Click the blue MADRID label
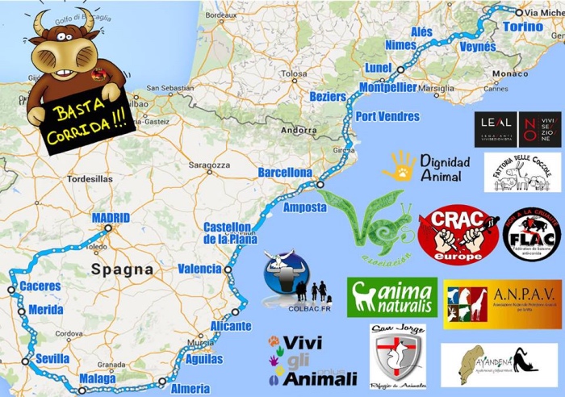[x=111, y=218]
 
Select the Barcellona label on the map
[x=284, y=173]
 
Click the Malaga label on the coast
[x=98, y=378]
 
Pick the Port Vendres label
[x=387, y=116]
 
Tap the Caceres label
[x=40, y=286]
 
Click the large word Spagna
[x=123, y=269]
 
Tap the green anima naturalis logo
[x=392, y=297]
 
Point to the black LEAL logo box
[x=495, y=128]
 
